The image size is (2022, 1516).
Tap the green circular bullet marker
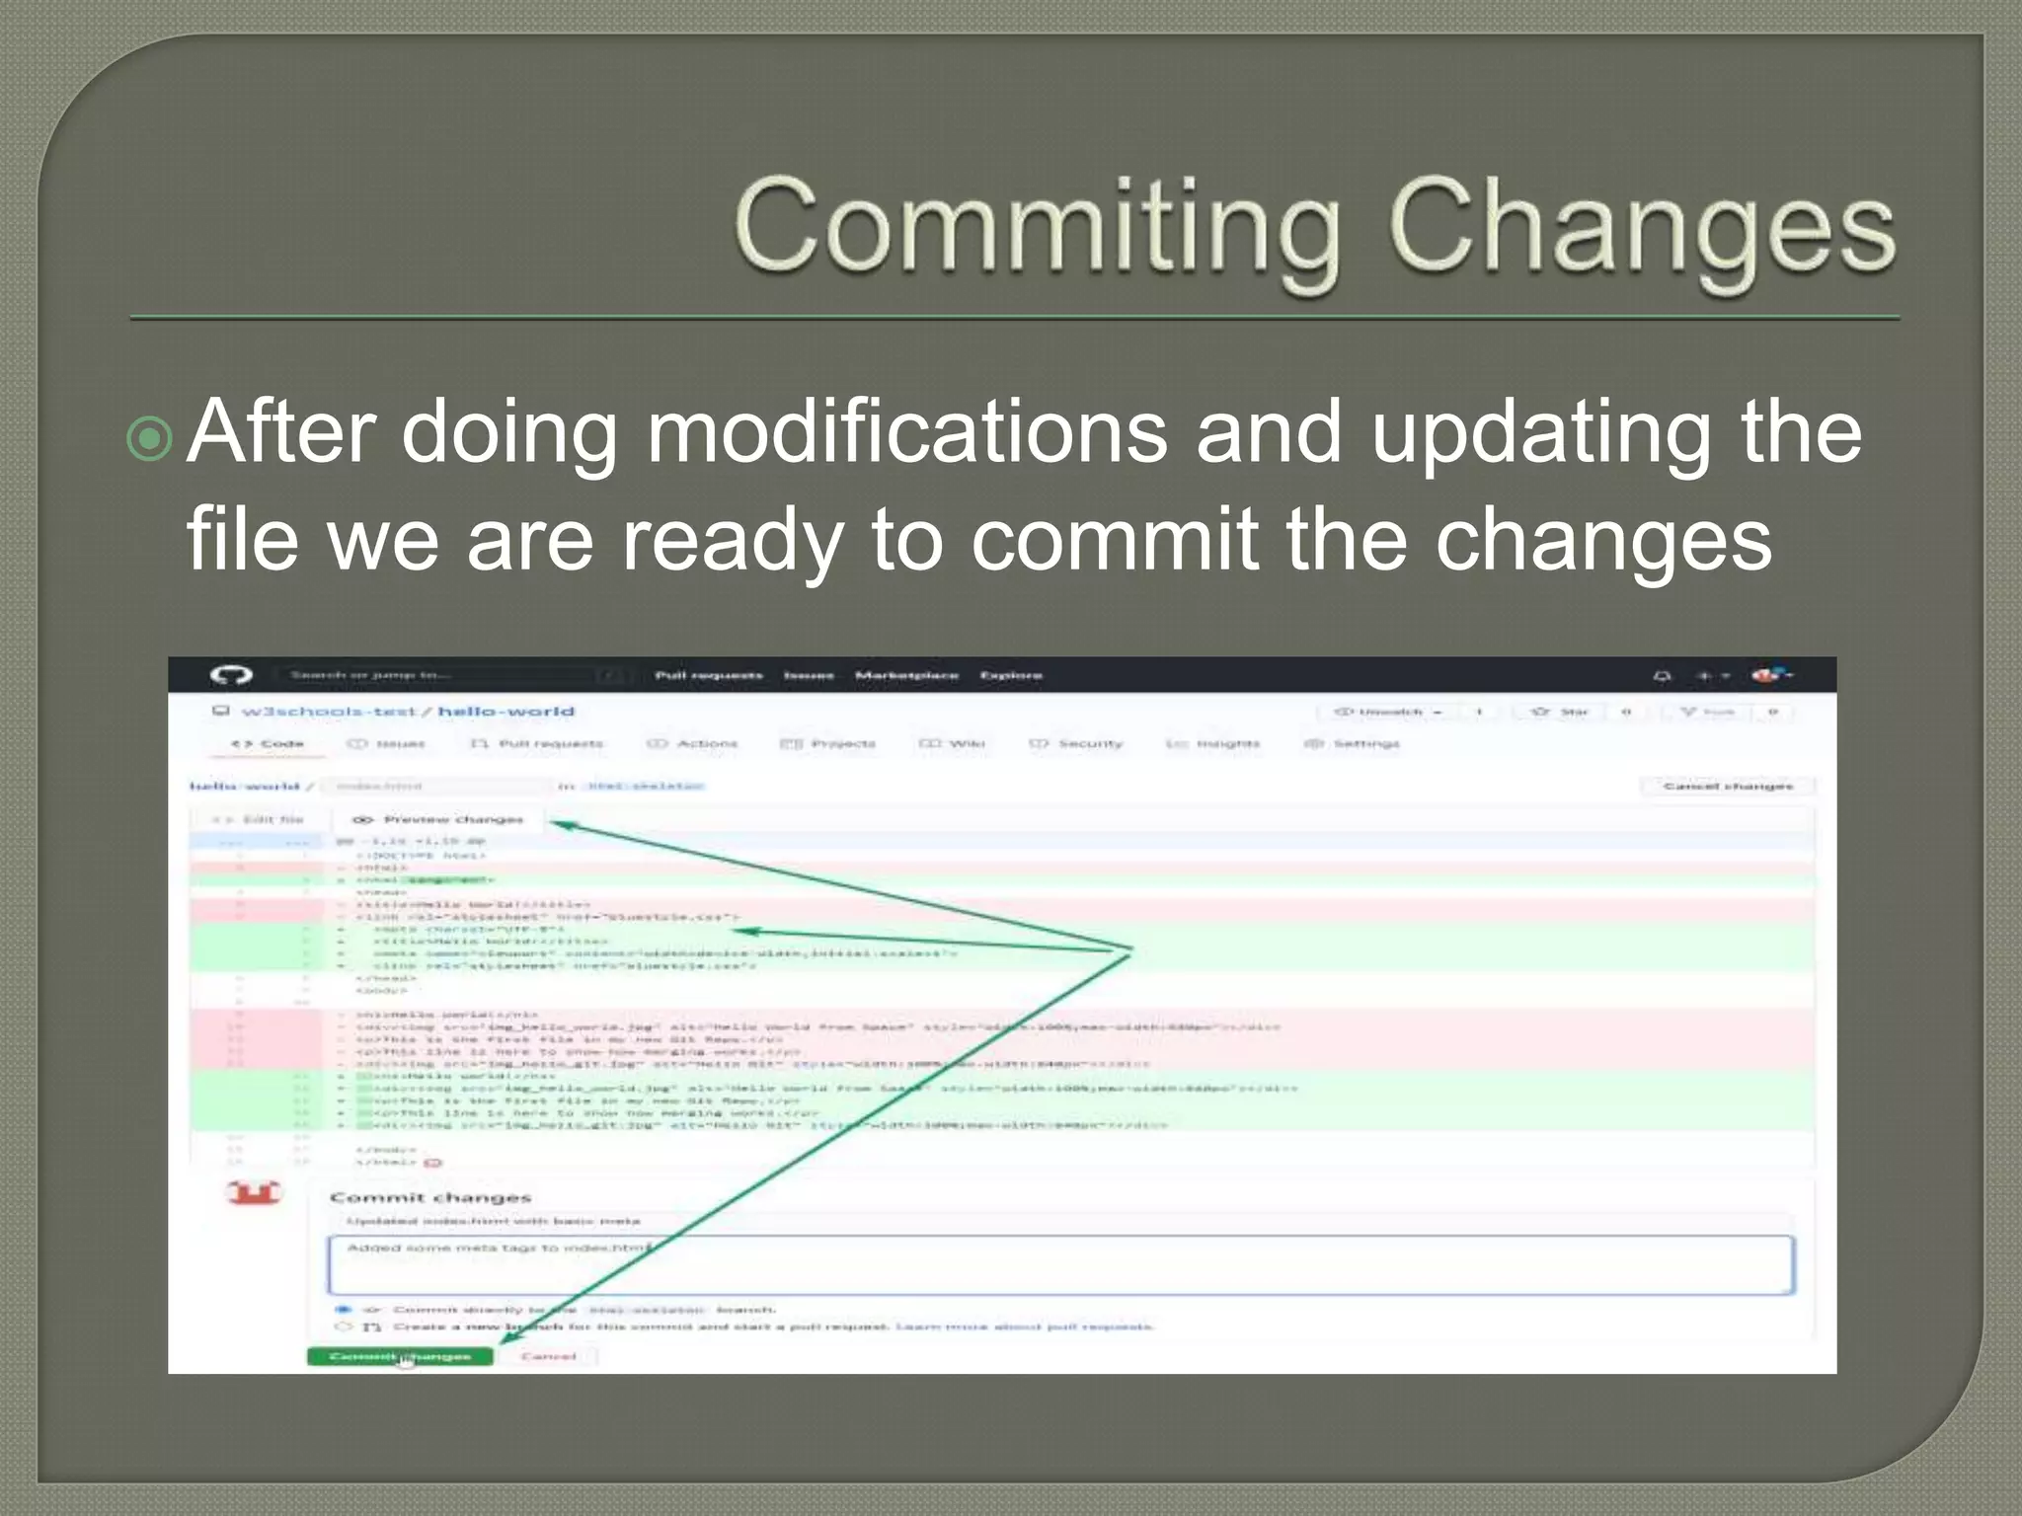[x=150, y=438]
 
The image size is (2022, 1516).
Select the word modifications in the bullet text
[x=906, y=431]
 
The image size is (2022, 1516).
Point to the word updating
[x=1540, y=431]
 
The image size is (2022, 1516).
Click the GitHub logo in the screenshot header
[x=231, y=675]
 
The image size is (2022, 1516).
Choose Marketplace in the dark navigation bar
[x=906, y=675]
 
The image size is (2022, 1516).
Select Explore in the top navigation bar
[x=1011, y=675]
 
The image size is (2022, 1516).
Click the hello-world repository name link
[x=505, y=712]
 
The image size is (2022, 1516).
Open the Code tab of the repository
[x=269, y=743]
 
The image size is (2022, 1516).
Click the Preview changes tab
[x=438, y=819]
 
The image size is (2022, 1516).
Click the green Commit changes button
[x=400, y=1356]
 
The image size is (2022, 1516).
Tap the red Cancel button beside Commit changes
[x=548, y=1356]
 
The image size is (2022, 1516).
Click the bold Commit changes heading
[x=430, y=1197]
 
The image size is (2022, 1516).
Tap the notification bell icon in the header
[x=1662, y=676]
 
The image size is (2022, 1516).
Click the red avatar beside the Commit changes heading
[x=254, y=1192]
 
